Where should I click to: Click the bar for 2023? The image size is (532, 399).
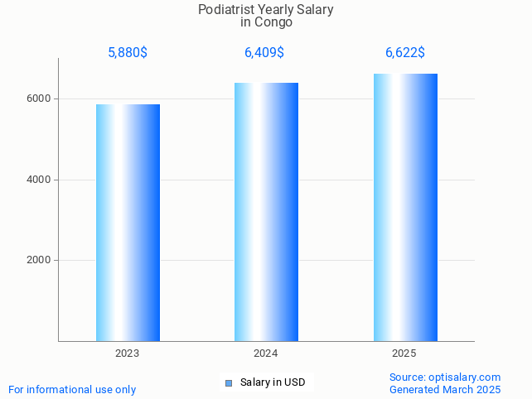128,223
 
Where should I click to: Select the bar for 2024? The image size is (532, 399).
266,212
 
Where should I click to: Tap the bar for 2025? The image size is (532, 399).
405,207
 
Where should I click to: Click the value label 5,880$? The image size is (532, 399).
128,53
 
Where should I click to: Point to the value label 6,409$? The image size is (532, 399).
264,53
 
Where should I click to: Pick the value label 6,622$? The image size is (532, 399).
405,53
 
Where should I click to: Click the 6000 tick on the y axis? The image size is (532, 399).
40,99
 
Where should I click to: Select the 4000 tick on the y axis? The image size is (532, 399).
40,180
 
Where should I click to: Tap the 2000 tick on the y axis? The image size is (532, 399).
40,261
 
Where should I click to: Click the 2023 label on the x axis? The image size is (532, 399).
128,353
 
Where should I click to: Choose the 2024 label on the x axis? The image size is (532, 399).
266,353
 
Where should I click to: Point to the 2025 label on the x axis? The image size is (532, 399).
404,353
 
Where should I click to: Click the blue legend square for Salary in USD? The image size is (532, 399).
229,382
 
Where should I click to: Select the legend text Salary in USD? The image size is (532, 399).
273,382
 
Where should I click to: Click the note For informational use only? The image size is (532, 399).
72,389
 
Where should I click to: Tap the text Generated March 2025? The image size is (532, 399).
445,389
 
